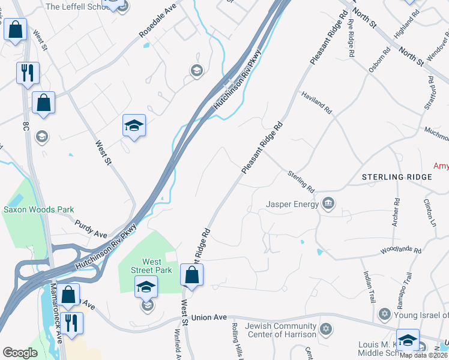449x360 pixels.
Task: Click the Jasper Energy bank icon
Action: pyautogui.click(x=328, y=205)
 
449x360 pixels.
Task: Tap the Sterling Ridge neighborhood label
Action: pyautogui.click(x=397, y=177)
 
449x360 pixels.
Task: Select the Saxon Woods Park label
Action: pyautogui.click(x=38, y=209)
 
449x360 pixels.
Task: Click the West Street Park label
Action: pyautogui.click(x=151, y=266)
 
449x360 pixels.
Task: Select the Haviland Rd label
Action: pyautogui.click(x=316, y=103)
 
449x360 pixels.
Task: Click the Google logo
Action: pyautogui.click(x=20, y=352)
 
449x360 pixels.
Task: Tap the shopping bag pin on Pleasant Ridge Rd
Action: pyautogui.click(x=191, y=276)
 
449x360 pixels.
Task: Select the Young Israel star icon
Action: pyautogui.click(x=385, y=314)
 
